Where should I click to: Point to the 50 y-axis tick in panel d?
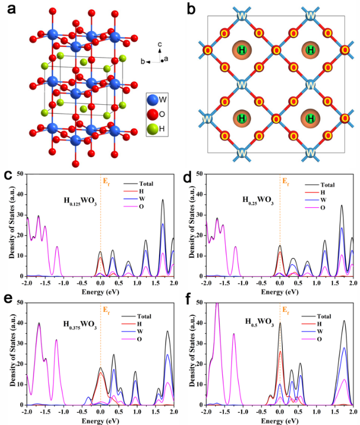coord(195,174)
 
